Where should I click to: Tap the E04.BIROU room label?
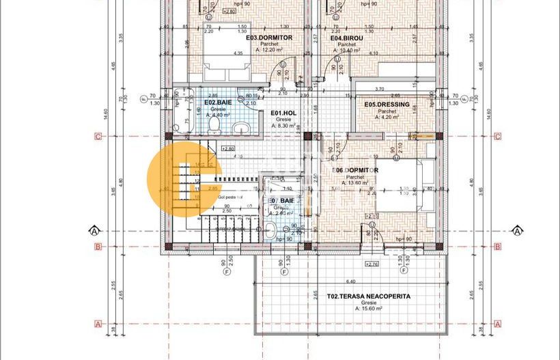(x=349, y=38)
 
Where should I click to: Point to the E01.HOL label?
(x=283, y=113)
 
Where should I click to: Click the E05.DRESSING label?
(x=387, y=105)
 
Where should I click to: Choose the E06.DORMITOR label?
(x=355, y=170)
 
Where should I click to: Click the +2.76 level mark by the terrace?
(x=372, y=264)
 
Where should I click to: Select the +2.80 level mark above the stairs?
(x=227, y=148)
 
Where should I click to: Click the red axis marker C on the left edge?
(x=98, y=137)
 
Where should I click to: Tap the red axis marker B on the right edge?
(x=497, y=247)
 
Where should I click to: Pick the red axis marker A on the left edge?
(x=98, y=324)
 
